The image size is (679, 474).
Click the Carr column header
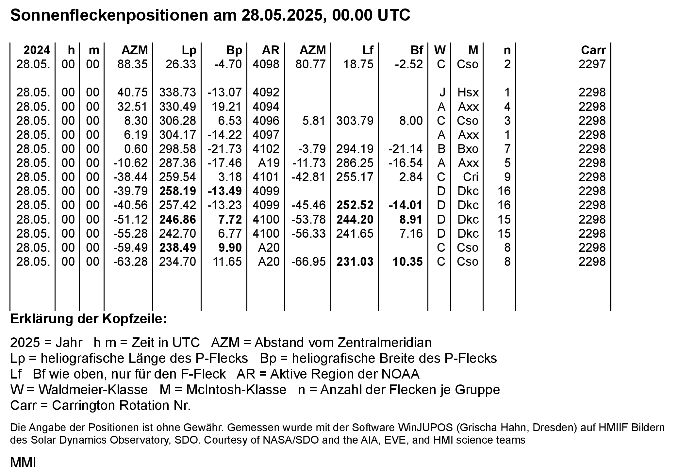click(x=593, y=50)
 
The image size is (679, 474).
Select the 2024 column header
click(x=37, y=50)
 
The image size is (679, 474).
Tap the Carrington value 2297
click(x=592, y=64)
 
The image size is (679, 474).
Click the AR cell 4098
click(x=266, y=64)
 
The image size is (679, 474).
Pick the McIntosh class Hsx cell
click(x=468, y=93)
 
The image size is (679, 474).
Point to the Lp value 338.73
click(x=177, y=93)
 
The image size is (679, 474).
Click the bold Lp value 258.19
click(x=177, y=191)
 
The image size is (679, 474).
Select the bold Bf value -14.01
click(x=406, y=205)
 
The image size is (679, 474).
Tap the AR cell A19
click(x=269, y=163)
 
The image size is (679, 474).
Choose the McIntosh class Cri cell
click(x=471, y=177)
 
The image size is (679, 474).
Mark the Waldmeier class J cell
click(x=442, y=93)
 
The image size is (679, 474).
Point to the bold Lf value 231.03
click(x=355, y=262)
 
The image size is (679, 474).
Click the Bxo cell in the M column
click(x=468, y=149)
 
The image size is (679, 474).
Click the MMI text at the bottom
click(x=23, y=463)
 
